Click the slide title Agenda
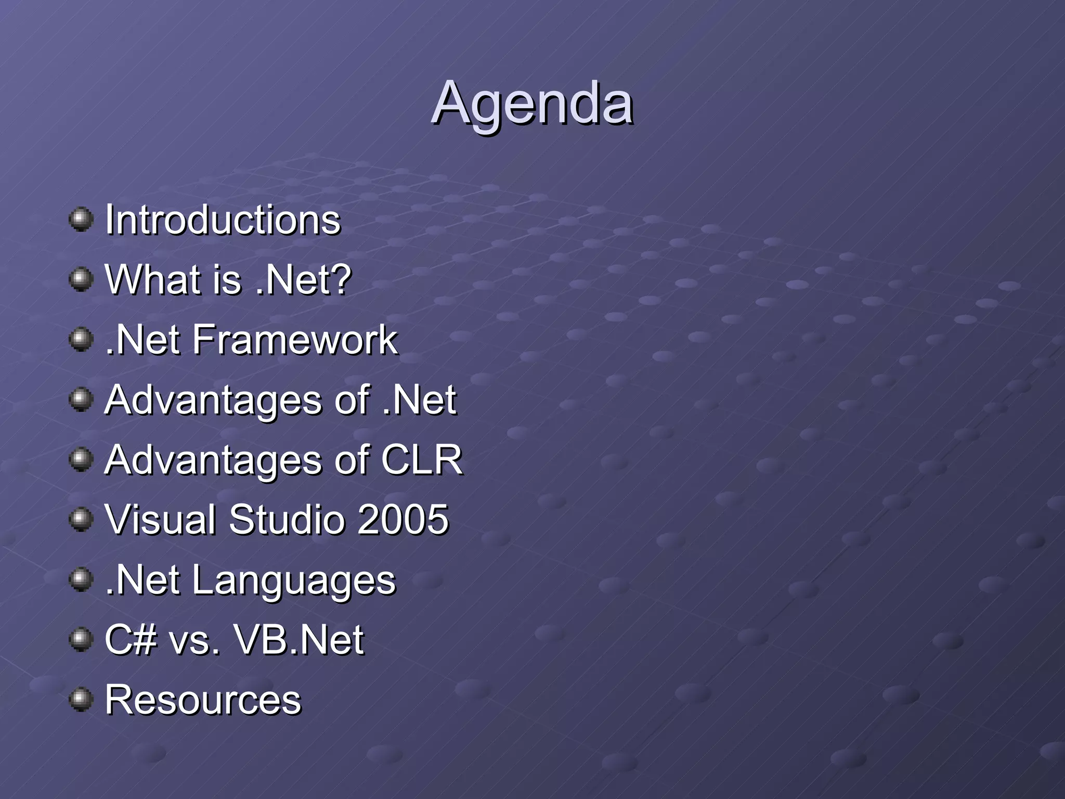pyautogui.click(x=532, y=104)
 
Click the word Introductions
pyautogui.click(x=223, y=220)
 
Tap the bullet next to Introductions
pyautogui.click(x=81, y=219)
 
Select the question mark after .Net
pyautogui.click(x=341, y=279)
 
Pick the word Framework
pyautogui.click(x=295, y=340)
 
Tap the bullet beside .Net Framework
pyautogui.click(x=81, y=339)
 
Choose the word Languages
pyautogui.click(x=294, y=581)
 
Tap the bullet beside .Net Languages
pyautogui.click(x=81, y=579)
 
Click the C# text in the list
pyautogui.click(x=131, y=640)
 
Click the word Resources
pyautogui.click(x=203, y=700)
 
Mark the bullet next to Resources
pyautogui.click(x=81, y=699)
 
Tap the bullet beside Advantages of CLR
pyautogui.click(x=81, y=459)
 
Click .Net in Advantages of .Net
pyautogui.click(x=419, y=400)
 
